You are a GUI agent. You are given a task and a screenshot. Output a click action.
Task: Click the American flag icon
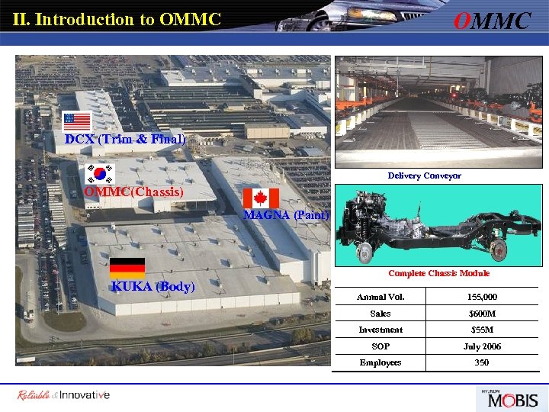tap(77, 121)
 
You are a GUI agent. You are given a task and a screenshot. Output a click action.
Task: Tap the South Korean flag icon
tap(100, 172)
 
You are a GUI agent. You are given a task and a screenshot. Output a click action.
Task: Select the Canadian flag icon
tap(261, 198)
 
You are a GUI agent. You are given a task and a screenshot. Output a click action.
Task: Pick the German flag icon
tap(127, 268)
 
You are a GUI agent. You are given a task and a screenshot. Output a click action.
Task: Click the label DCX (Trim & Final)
tap(125, 139)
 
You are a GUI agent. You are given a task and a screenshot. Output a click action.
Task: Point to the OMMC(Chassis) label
tap(133, 192)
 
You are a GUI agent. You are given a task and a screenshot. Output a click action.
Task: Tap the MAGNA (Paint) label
tap(286, 215)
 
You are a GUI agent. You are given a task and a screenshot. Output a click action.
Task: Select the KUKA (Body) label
tap(152, 287)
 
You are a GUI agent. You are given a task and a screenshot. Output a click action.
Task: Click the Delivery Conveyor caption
tap(424, 175)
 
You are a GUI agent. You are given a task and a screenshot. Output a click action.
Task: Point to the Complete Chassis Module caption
tap(438, 273)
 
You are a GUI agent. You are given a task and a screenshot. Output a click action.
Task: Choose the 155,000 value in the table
tap(481, 297)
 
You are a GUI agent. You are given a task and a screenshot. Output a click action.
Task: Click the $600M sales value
tap(481, 314)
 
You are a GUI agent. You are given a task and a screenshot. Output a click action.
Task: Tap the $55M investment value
tap(481, 330)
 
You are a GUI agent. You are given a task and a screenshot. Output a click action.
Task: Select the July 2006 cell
tap(481, 346)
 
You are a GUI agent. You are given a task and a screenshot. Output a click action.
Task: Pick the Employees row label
tap(380, 362)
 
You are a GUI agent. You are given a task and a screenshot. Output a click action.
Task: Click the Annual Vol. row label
tap(380, 297)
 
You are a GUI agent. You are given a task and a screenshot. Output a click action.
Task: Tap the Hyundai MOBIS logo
tap(507, 398)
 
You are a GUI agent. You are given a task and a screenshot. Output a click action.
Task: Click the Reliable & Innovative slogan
tap(64, 394)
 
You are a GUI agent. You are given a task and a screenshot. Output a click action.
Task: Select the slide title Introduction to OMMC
tap(117, 19)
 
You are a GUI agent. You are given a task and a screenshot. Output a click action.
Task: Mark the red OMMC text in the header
tap(492, 21)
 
